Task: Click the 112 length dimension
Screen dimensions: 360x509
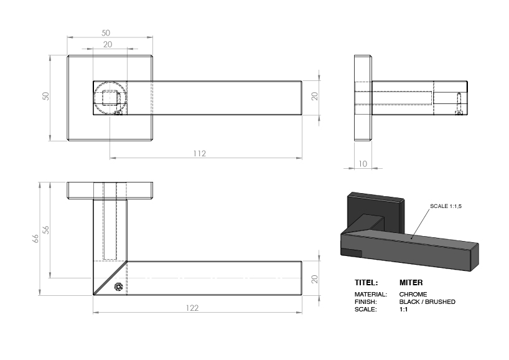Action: pos(198,153)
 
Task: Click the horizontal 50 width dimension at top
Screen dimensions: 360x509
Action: pos(106,32)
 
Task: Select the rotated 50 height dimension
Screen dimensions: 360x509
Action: pos(45,97)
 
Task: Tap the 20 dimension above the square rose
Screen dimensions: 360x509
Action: pos(108,44)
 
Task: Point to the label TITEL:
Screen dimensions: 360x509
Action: pos(367,282)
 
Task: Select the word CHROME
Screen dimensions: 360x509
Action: pos(413,294)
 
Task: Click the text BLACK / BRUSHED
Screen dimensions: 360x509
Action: pos(427,301)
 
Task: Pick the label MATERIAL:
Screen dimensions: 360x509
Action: pos(371,294)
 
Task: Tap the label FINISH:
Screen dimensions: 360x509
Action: pos(366,301)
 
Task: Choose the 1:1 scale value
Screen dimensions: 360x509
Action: pos(403,309)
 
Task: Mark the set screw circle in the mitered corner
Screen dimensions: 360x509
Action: pos(118,288)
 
